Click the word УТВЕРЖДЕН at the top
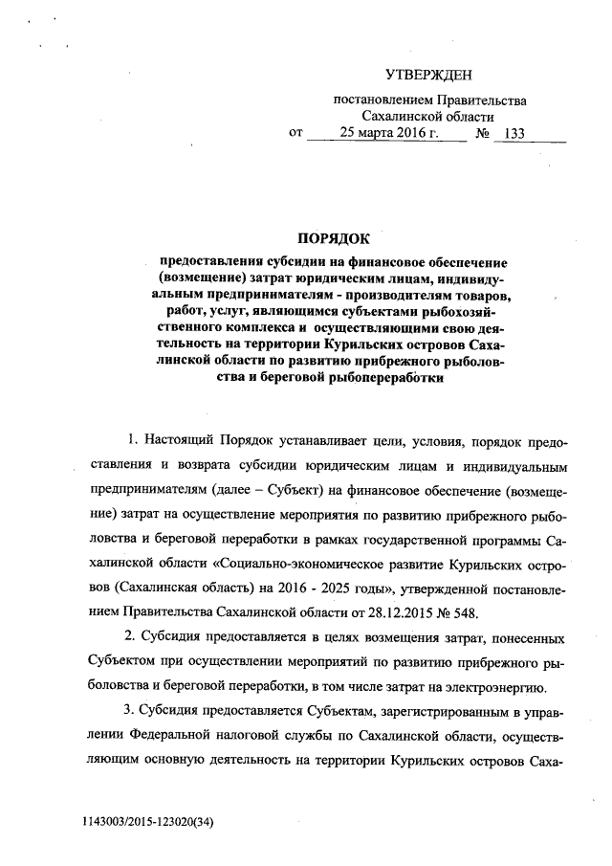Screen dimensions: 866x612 (428, 75)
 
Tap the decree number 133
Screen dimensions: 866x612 (514, 133)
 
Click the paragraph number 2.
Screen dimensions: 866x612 (130, 635)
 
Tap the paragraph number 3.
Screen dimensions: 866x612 (130, 709)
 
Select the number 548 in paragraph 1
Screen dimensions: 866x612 (460, 611)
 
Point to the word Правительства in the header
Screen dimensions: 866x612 (482, 99)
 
